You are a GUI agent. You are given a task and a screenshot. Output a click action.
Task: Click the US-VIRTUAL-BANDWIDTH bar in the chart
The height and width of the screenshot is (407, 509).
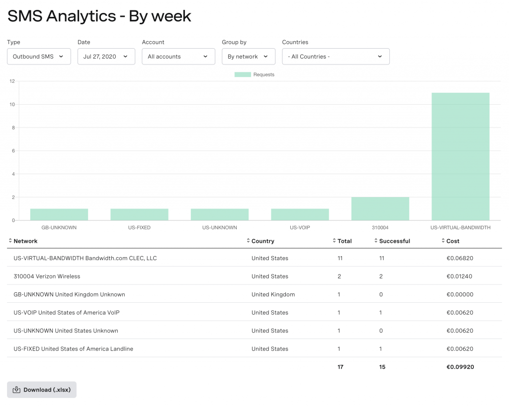click(x=460, y=156)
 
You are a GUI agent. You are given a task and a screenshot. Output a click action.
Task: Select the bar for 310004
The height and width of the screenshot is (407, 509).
click(x=380, y=209)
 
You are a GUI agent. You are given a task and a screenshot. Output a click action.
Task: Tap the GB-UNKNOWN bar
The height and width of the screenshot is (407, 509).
click(x=59, y=214)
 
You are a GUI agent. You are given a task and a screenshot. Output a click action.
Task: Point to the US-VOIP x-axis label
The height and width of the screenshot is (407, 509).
click(x=300, y=228)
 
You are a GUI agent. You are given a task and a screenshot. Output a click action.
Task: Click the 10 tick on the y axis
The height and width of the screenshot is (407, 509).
click(x=12, y=105)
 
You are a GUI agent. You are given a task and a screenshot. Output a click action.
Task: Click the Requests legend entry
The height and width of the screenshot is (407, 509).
click(x=254, y=74)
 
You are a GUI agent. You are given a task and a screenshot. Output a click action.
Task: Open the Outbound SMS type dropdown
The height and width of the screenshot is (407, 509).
click(x=39, y=57)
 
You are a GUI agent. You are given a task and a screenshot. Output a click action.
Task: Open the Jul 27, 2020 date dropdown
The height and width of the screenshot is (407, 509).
click(x=106, y=57)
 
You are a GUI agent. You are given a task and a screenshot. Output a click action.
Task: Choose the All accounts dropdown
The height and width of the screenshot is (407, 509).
click(x=178, y=57)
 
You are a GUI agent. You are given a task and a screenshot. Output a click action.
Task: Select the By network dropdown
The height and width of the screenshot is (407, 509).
click(x=248, y=57)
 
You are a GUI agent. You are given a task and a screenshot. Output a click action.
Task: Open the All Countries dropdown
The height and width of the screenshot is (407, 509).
click(x=336, y=57)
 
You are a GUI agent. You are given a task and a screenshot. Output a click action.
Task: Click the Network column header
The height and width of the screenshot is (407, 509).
click(x=25, y=241)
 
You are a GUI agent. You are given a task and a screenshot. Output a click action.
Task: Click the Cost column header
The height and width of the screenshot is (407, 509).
click(x=453, y=241)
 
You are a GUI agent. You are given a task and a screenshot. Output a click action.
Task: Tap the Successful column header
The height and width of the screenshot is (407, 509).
click(x=394, y=241)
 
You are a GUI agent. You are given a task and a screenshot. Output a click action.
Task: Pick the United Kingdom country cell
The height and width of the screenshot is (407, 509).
click(x=273, y=295)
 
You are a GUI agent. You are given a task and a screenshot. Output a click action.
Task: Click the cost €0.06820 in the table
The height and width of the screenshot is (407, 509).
click(x=460, y=259)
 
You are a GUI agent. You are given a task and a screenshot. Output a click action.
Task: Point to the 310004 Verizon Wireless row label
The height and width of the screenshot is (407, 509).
click(x=47, y=276)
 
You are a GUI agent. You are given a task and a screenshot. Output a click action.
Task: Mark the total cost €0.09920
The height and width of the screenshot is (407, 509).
click(x=460, y=367)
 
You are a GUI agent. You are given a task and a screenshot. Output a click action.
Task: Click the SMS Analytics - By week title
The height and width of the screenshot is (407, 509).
click(x=99, y=16)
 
